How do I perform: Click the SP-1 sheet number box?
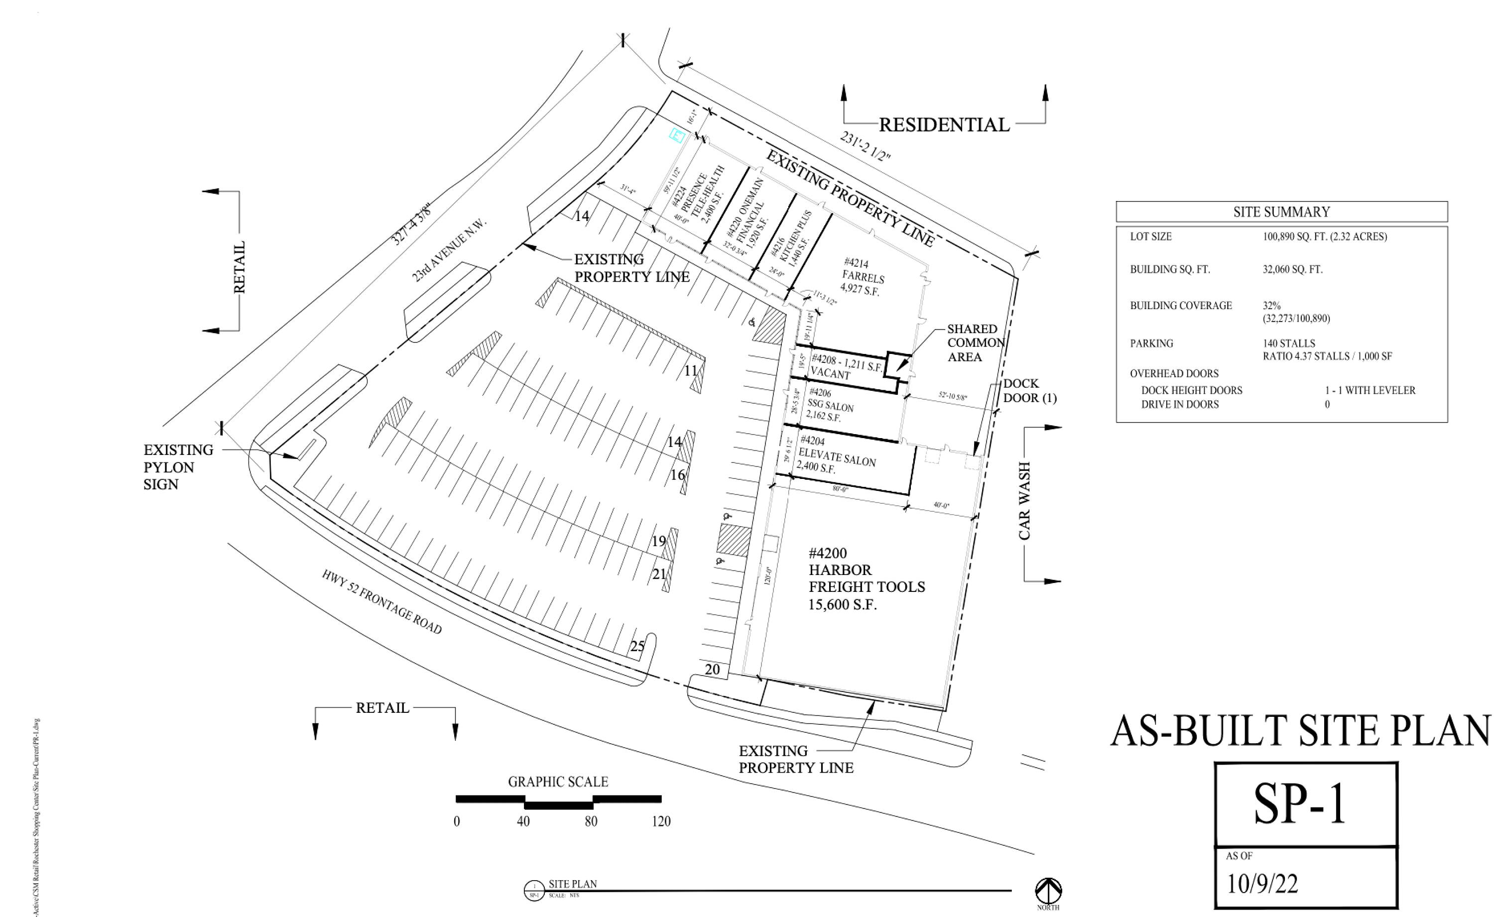pos(1305,804)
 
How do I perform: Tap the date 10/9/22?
pos(1262,884)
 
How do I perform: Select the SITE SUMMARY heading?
pos(1281,212)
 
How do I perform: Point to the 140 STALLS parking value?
pos(1289,344)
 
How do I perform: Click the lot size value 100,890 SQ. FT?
pos(1325,236)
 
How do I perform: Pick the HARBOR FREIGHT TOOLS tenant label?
pos(866,578)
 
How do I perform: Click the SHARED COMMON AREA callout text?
pos(976,343)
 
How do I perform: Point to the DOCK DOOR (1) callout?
pos(1029,391)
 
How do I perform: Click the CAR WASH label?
pos(1024,500)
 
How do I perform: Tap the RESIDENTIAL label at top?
pos(944,125)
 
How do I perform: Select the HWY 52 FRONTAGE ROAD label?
pos(381,602)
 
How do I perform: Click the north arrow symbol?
pos(1048,891)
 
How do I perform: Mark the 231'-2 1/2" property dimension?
pos(865,146)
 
